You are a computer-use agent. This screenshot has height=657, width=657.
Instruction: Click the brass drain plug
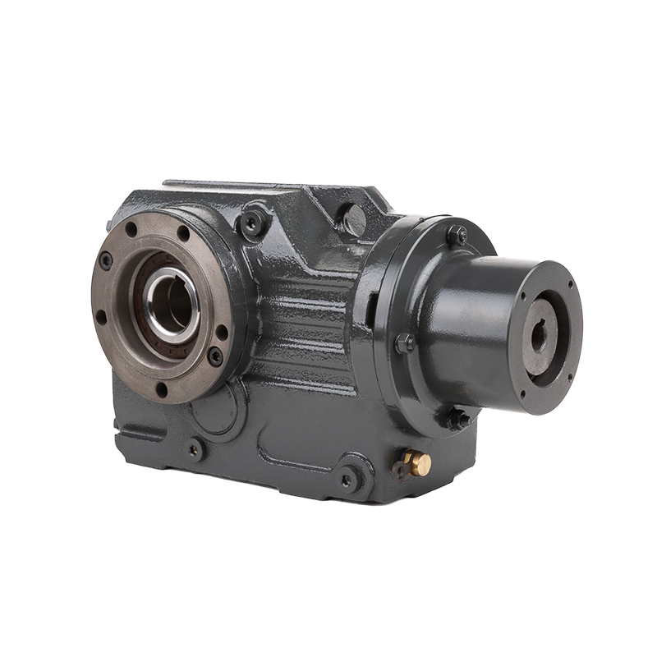pyautogui.click(x=418, y=462)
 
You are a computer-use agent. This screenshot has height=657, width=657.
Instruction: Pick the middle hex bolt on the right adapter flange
pyautogui.click(x=404, y=342)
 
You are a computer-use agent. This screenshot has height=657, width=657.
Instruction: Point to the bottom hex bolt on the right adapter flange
pyautogui.click(x=457, y=419)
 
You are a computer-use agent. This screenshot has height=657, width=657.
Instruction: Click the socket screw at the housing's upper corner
pyautogui.click(x=252, y=220)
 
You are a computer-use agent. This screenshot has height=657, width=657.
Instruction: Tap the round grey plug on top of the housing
pyautogui.click(x=354, y=219)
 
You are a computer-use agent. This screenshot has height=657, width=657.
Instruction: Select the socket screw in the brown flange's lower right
pyautogui.click(x=215, y=356)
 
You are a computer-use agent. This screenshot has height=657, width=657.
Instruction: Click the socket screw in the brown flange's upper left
pyautogui.click(x=106, y=260)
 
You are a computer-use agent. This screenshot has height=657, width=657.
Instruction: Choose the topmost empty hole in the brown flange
pyautogui.click(x=182, y=232)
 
